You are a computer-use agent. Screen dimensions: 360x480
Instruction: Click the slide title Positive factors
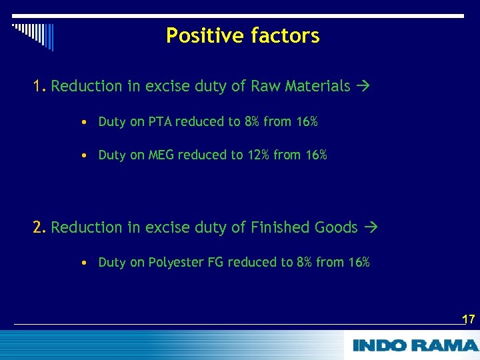click(x=243, y=35)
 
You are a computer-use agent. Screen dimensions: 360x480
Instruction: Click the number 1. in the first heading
click(x=40, y=86)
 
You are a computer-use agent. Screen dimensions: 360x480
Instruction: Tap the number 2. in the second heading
click(x=40, y=227)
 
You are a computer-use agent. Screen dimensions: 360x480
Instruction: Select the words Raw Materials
click(x=300, y=86)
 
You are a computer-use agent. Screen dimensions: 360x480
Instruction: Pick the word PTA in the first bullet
click(x=160, y=121)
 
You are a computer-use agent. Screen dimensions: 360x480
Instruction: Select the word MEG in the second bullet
click(x=161, y=155)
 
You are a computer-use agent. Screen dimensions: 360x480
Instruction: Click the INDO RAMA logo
click(x=415, y=345)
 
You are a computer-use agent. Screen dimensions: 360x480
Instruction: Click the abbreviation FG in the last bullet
click(x=215, y=262)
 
